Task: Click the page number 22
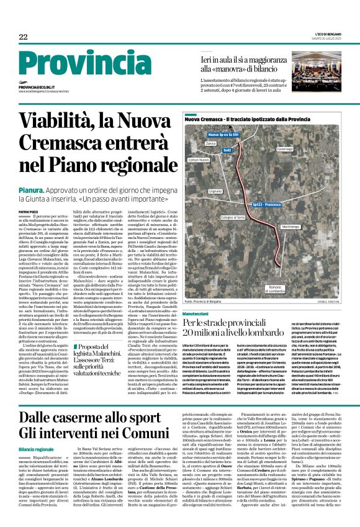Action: (x=23, y=37)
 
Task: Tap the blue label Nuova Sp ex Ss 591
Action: (x=223, y=134)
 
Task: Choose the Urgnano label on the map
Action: (x=215, y=192)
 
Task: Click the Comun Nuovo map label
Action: (x=199, y=159)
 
